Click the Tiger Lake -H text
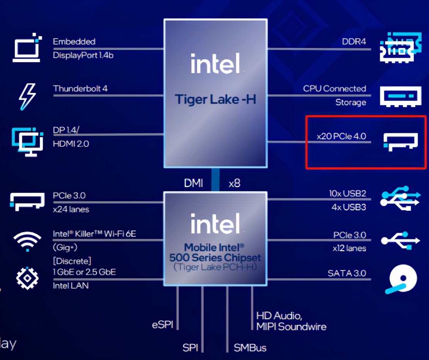[x=215, y=100]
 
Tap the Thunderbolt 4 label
[x=80, y=88]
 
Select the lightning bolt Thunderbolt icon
[x=27, y=97]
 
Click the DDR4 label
[x=354, y=42]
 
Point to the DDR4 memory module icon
[x=400, y=48]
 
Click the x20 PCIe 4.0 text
[x=341, y=136]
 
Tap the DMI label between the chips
[x=193, y=183]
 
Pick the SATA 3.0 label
[x=347, y=273]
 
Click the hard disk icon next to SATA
[x=401, y=279]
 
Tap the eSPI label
[x=162, y=325]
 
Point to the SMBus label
[x=250, y=348]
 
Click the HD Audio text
[x=279, y=316]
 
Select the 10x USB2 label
[x=347, y=194]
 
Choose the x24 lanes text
[x=71, y=209]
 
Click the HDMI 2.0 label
[x=71, y=144]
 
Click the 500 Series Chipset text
[x=215, y=258]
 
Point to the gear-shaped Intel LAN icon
[x=27, y=278]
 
